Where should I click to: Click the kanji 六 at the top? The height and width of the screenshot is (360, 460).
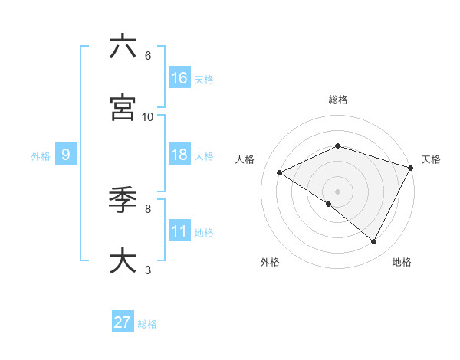coord(123,47)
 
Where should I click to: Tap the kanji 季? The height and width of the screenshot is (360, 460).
coord(123,200)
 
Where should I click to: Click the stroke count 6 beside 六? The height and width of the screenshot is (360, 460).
coord(148,56)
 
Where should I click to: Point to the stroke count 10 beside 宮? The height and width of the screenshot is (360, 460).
coord(148,116)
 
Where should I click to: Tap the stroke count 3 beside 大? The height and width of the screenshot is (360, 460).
coord(148,270)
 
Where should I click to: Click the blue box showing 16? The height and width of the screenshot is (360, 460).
coord(179,78)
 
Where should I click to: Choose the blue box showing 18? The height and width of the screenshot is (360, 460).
coord(179,155)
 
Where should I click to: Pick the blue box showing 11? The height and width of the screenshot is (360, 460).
coord(179,231)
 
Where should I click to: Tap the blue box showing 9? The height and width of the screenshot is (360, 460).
coord(66,155)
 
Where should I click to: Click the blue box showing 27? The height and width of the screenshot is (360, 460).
coord(123,322)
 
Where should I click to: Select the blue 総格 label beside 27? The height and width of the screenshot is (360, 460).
coord(148,324)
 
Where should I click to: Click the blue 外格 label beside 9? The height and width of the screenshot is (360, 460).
coord(41,156)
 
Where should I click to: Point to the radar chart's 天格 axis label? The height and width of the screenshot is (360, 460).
coord(431,159)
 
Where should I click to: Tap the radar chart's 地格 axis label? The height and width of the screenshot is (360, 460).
coord(402,263)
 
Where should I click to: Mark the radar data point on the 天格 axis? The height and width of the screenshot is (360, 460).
coord(411,167)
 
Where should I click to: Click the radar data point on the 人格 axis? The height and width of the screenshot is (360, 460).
coord(280,172)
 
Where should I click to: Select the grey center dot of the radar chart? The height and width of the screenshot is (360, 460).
coord(337,191)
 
